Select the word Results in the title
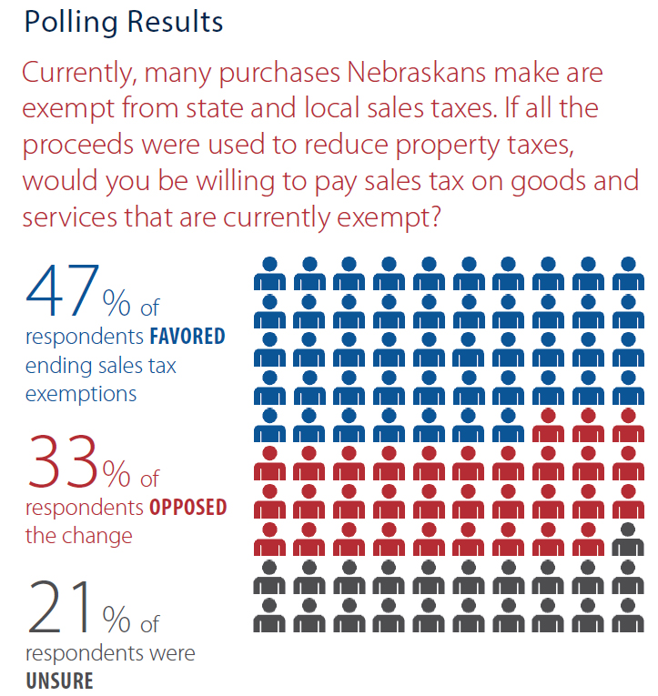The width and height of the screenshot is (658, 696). [174, 22]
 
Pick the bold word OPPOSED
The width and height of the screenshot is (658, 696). [186, 508]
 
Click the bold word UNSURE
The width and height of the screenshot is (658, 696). [59, 680]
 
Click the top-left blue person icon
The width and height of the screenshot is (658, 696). [269, 273]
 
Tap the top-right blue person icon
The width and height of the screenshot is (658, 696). [627, 273]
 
